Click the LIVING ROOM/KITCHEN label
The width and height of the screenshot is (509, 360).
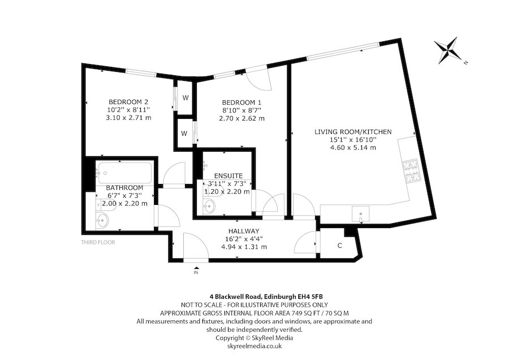pos(353,132)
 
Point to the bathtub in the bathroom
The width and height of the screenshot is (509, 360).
pos(123,172)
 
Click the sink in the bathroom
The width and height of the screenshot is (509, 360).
pos(104,220)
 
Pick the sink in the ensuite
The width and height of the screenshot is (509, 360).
pos(210,206)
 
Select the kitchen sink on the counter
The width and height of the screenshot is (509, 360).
pos(360,213)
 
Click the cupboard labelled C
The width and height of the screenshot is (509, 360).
pos(339,245)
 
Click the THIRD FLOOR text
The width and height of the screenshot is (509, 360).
pos(98,242)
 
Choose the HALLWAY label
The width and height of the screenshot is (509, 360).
pos(244,231)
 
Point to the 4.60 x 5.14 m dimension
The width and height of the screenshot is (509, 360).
pos(353,148)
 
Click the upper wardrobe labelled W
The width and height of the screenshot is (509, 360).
pos(185,97)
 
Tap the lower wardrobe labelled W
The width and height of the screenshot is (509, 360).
pos(184,134)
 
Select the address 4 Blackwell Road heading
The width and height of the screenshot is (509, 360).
pos(254,296)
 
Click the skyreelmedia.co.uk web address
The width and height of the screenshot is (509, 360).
pos(254,345)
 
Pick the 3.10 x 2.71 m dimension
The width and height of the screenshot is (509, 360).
pos(128,118)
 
